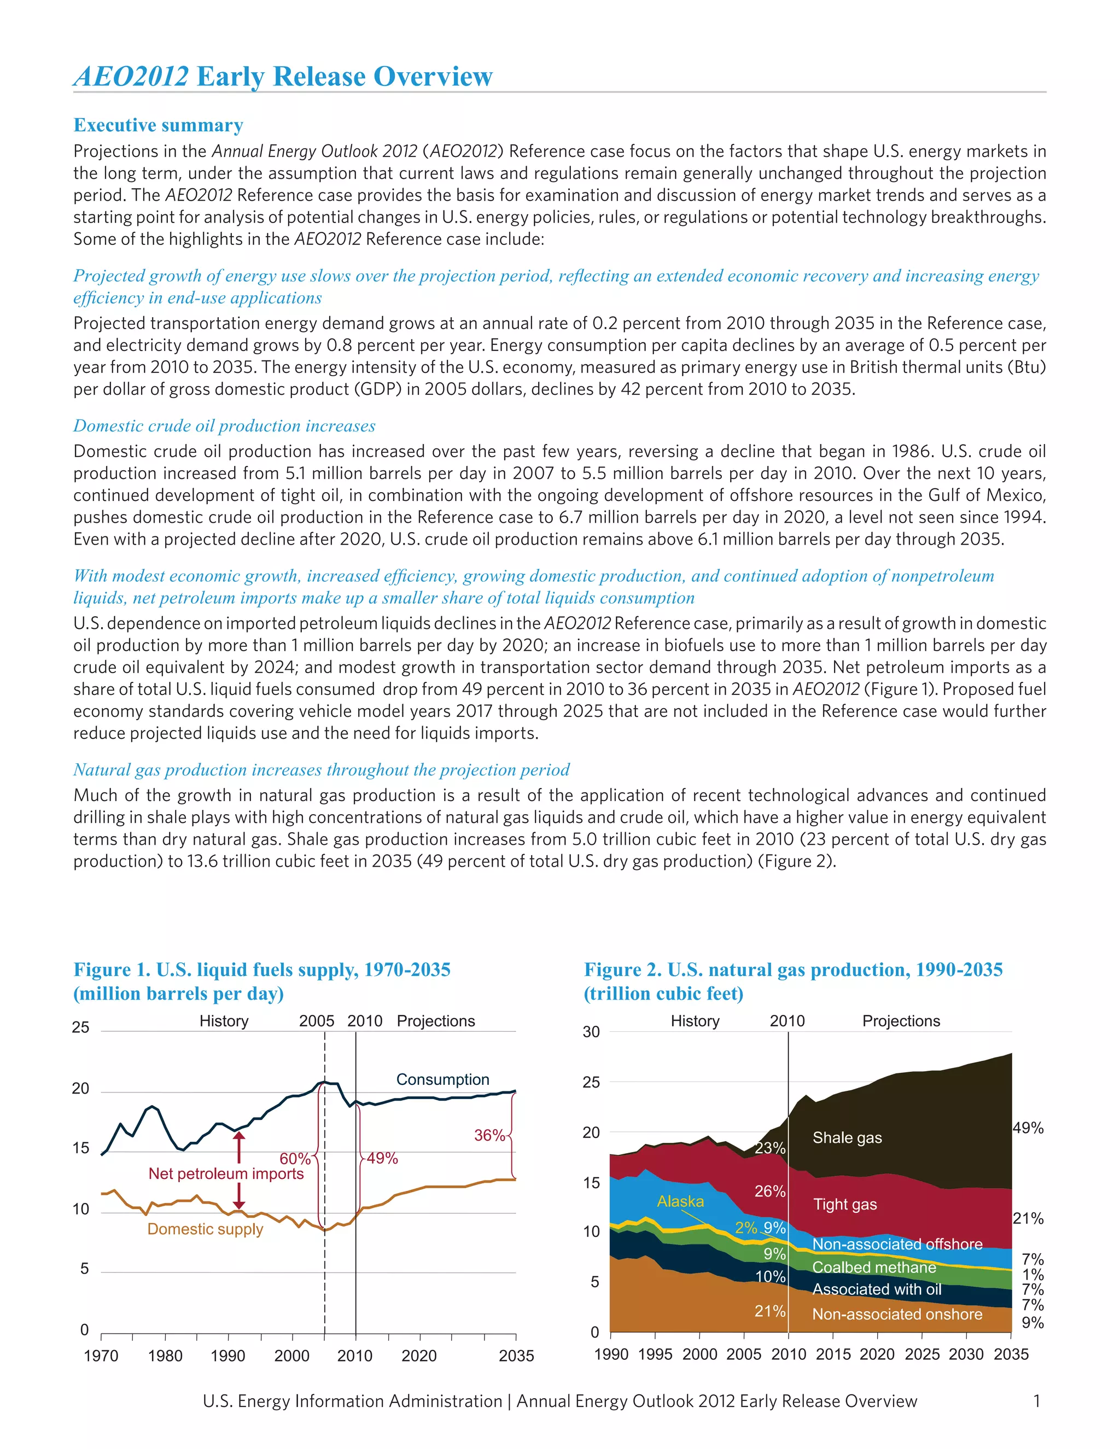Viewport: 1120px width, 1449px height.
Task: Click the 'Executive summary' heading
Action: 158,125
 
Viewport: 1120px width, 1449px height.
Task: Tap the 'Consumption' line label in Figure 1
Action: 442,1079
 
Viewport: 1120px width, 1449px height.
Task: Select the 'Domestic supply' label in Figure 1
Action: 205,1229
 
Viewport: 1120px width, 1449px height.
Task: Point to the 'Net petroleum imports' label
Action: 226,1173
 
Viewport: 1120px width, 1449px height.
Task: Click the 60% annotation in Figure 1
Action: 295,1159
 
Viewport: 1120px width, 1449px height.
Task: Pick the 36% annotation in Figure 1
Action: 489,1135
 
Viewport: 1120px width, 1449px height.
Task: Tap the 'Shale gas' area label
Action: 847,1137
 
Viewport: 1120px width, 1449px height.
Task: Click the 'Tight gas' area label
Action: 844,1204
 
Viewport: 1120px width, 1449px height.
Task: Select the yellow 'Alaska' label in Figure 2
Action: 680,1201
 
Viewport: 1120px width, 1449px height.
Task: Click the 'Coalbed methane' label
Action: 874,1267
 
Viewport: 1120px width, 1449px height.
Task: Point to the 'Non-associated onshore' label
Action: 897,1314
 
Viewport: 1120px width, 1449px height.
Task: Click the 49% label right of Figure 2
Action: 1028,1128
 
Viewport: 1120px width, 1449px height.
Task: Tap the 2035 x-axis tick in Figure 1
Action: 516,1355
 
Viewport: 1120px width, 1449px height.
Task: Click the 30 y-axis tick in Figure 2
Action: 591,1032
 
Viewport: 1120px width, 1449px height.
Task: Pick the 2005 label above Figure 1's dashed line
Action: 317,1021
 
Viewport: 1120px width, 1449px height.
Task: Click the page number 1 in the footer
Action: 1036,1401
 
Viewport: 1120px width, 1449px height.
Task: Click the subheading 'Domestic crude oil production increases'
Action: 224,426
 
